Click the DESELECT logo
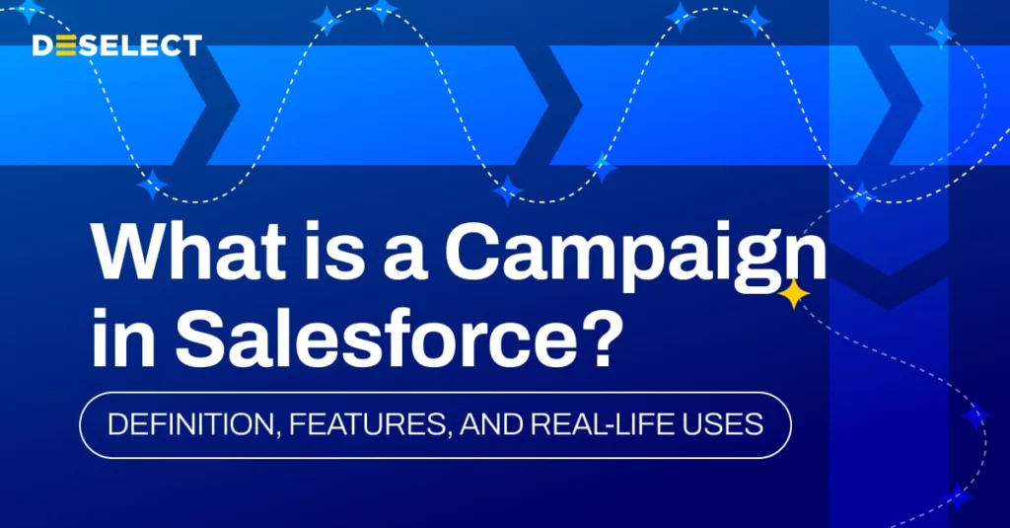click(x=116, y=45)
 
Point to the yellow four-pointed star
click(x=793, y=294)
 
